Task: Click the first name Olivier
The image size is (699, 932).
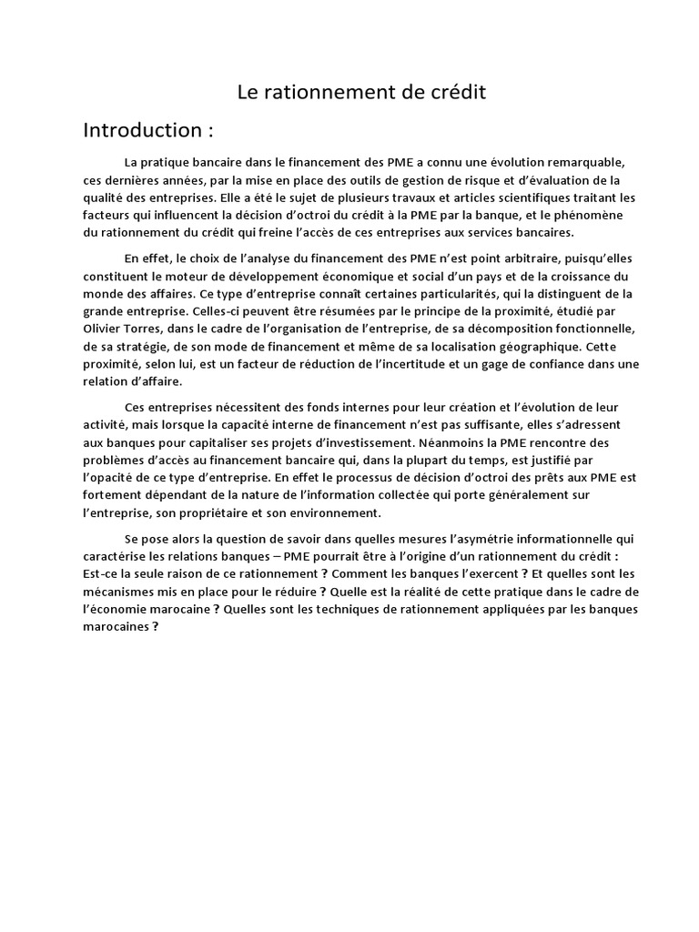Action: (104, 328)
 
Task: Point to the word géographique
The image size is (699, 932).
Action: (520, 346)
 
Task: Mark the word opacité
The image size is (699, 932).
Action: (117, 476)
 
